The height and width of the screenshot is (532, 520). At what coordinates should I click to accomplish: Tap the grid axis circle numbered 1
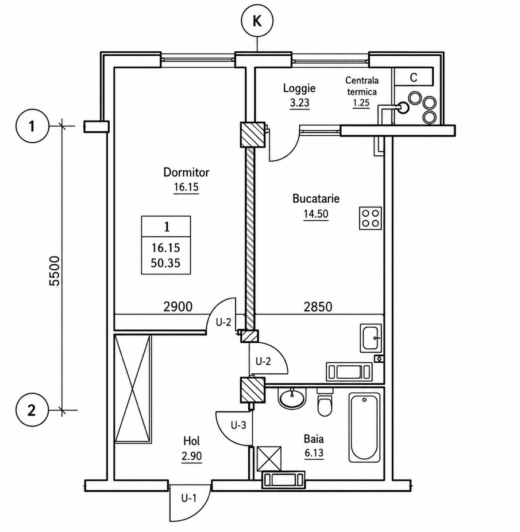32,127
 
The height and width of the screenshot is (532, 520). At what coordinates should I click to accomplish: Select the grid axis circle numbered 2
32,411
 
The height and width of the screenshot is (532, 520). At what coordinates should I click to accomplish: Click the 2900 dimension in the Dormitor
178,307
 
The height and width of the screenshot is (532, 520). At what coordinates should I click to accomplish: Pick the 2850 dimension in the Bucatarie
318,307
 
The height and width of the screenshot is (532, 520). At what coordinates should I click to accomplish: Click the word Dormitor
186,172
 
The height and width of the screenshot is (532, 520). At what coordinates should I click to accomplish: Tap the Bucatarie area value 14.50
316,214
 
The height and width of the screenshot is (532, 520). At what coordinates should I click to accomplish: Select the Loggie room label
300,89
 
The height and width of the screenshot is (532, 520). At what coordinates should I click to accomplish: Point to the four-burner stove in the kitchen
370,218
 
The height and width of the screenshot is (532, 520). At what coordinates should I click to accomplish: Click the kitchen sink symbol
371,338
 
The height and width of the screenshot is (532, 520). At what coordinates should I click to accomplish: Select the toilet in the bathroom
325,403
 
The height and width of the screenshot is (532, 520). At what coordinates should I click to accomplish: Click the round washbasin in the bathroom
292,399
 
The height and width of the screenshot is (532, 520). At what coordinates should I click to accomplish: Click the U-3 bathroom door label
239,426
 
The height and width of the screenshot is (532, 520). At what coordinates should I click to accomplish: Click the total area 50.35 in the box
166,263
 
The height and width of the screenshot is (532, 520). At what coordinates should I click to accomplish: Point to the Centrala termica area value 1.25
361,103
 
